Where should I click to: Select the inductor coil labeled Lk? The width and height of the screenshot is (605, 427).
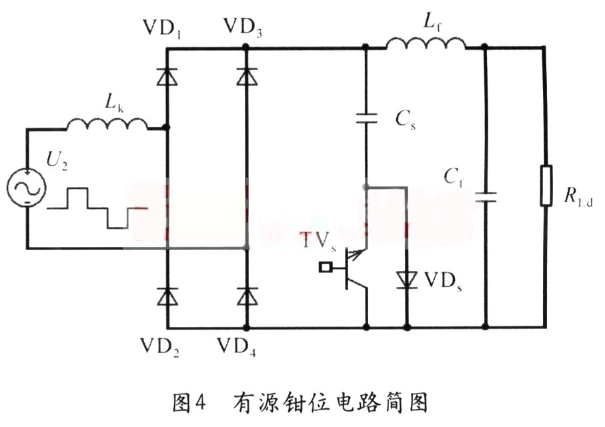coord(107,123)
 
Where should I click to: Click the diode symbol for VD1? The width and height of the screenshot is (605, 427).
coord(167,77)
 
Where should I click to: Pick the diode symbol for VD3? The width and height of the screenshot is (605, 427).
coord(247,77)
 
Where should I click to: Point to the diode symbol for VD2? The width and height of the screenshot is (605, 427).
coord(167,296)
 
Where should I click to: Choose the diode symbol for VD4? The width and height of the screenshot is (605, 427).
coord(247,296)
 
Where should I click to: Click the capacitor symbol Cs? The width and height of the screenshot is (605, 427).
coord(366,119)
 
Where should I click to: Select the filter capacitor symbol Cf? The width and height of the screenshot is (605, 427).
coord(485,197)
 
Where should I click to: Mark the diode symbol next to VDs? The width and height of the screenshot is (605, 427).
coord(407,279)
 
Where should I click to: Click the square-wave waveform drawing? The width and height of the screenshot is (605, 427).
coord(97,207)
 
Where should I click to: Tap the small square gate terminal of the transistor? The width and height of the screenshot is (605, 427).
coord(326,268)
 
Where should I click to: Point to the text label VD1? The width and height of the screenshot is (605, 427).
coord(161,27)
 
